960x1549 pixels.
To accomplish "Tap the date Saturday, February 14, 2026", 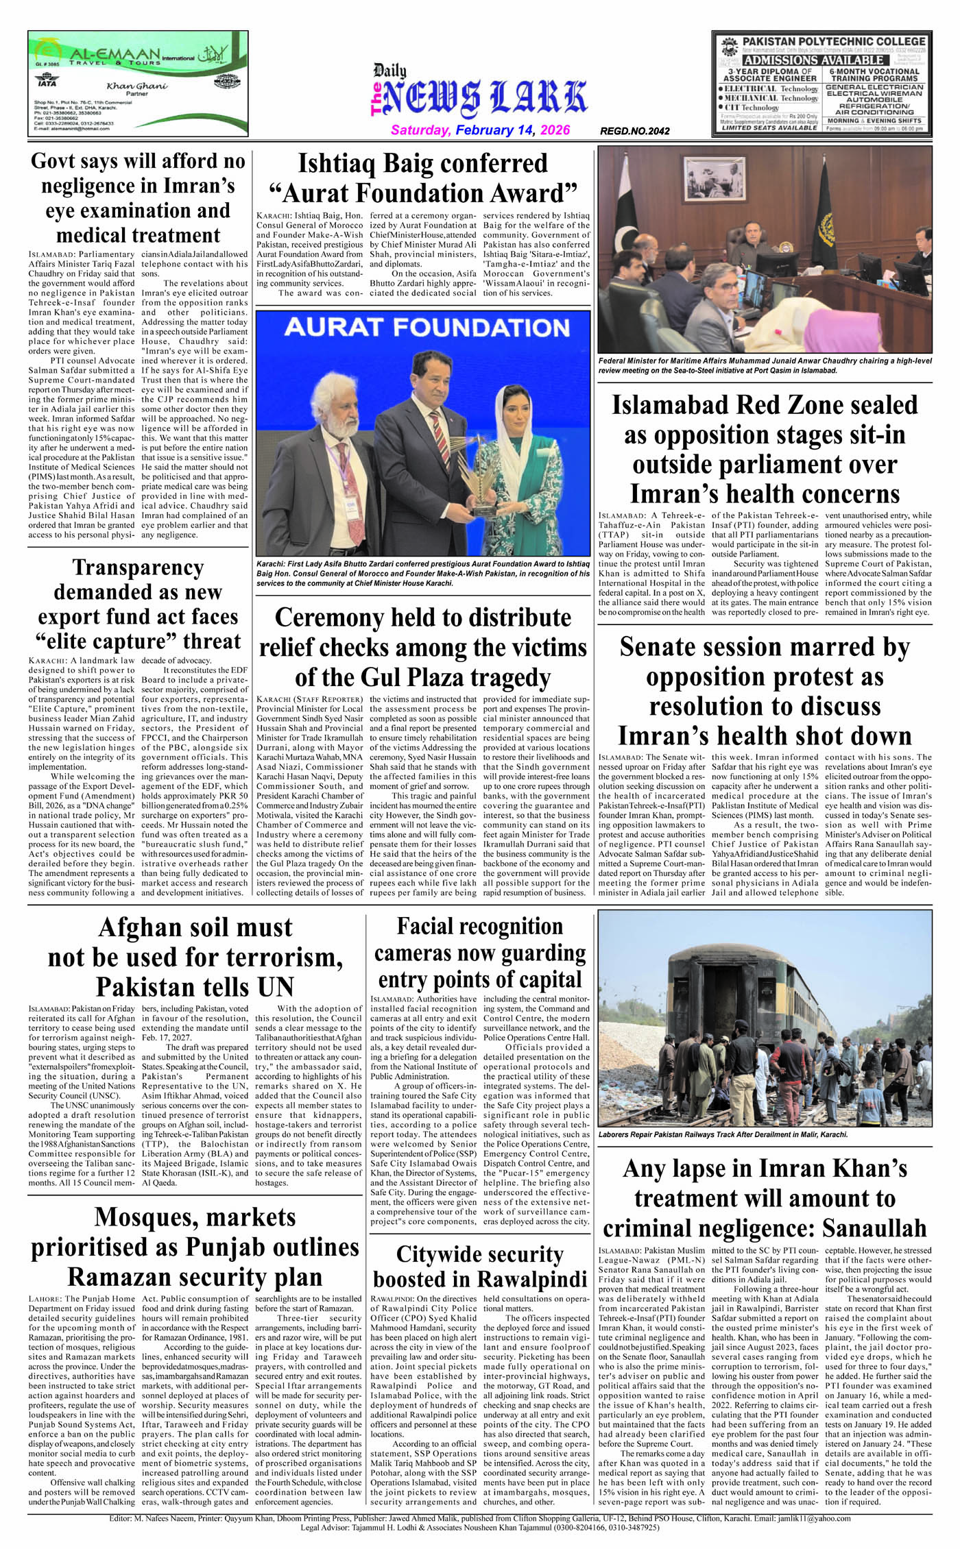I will (480, 130).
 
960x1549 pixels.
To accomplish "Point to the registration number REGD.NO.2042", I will (634, 131).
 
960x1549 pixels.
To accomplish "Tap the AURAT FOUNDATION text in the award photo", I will (427, 328).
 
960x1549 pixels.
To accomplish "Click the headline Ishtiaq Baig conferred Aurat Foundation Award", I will (423, 178).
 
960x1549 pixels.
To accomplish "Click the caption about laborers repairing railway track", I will (723, 1134).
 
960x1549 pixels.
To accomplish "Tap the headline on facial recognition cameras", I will (479, 953).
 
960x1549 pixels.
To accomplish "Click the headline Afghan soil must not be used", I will (195, 957).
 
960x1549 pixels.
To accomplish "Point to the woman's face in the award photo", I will (508, 405).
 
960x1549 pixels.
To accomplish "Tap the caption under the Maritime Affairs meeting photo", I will (765, 365).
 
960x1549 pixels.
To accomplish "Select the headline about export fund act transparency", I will (138, 605).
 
